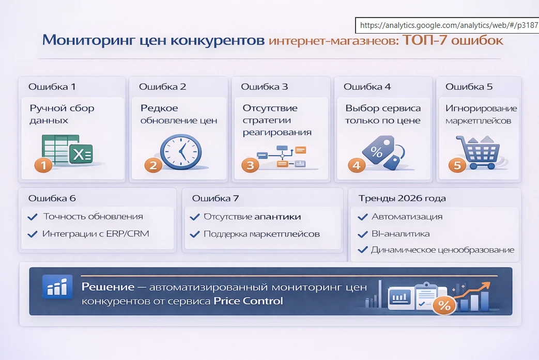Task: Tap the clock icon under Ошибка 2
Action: point(181,152)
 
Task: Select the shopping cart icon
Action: point(478,152)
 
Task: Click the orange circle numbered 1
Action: point(43,165)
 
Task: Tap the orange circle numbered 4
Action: point(357,165)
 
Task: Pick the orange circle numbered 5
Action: point(457,165)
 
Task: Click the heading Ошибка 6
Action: point(52,198)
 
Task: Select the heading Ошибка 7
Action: point(215,198)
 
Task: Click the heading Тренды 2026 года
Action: point(402,198)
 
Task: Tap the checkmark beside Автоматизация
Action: point(363,217)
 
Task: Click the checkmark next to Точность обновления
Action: point(33,217)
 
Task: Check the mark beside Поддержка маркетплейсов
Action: point(194,234)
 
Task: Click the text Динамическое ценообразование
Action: point(443,250)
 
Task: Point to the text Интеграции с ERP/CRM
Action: point(96,233)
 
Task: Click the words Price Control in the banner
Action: point(248,301)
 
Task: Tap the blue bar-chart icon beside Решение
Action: point(57,286)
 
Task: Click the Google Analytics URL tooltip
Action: point(447,25)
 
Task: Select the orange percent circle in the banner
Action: point(444,305)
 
